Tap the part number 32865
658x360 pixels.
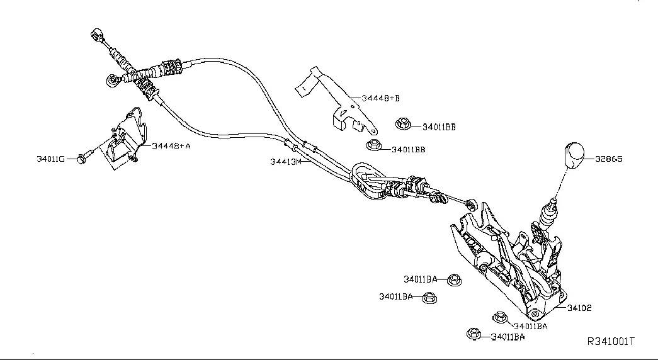coord(609,159)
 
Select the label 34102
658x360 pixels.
coord(579,308)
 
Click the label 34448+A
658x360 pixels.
coord(171,145)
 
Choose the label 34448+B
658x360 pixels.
coord(380,98)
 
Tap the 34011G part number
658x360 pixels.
coord(50,159)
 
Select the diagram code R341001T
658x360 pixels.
coord(610,342)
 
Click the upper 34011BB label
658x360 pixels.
coord(439,127)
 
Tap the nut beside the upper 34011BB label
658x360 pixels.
coord(403,124)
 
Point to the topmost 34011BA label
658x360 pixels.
coord(421,279)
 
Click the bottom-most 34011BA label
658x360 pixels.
coord(508,337)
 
